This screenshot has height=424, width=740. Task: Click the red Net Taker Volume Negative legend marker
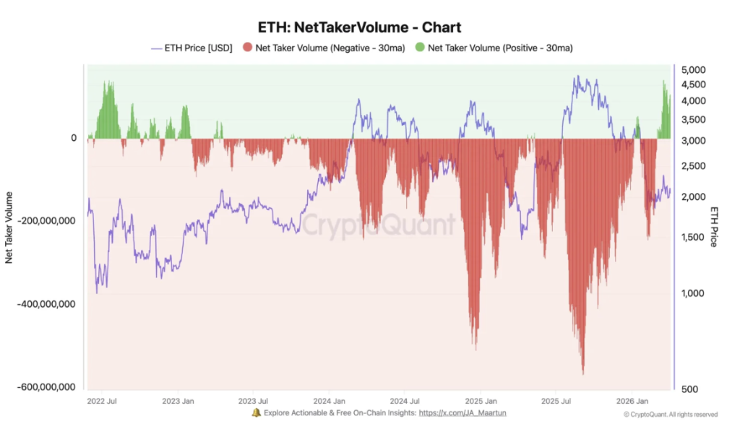point(248,48)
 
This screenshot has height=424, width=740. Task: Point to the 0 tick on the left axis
point(74,138)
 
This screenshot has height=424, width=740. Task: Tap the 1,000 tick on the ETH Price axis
point(691,293)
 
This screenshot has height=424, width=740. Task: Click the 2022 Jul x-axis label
point(103,400)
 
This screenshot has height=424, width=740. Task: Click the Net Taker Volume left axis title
point(9,227)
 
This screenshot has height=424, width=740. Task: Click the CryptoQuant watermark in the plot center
point(379,224)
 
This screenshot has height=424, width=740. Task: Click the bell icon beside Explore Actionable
point(256,413)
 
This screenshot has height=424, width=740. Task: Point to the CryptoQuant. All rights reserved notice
point(671,415)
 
